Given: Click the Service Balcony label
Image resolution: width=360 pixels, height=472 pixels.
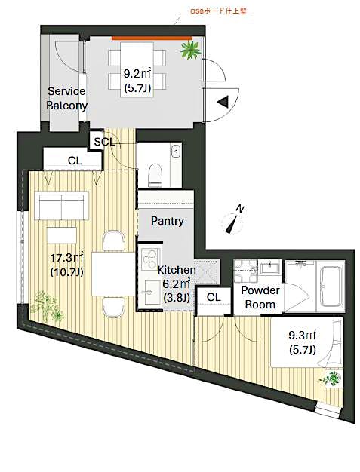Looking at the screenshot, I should tap(66, 98).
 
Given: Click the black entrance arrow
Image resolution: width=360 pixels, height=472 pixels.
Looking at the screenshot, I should tap(223, 103).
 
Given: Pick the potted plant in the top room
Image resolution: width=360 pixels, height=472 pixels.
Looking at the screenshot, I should tap(189, 50).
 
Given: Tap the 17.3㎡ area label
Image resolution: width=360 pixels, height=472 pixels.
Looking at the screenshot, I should tap(66, 265).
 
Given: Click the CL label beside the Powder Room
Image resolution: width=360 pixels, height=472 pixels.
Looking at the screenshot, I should tap(214, 297).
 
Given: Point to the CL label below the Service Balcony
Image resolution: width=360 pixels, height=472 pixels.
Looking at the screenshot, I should tap(74, 160).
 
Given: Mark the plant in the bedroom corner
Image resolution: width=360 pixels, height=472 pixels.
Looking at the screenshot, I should tap(330, 377).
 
